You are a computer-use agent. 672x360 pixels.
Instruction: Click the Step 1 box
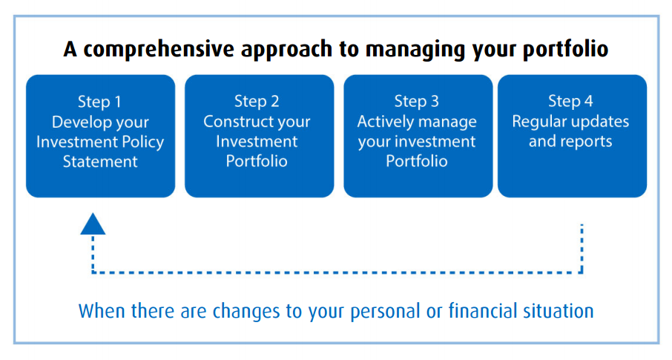101,136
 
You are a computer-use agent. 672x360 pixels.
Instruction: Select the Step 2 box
260,136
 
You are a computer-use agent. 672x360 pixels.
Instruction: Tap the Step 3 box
418,136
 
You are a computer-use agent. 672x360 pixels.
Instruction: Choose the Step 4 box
572,136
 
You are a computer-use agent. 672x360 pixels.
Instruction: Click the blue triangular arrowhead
93,224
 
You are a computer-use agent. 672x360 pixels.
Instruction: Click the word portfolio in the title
566,50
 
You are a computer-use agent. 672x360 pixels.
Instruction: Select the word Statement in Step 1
100,162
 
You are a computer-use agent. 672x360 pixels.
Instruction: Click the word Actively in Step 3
381,122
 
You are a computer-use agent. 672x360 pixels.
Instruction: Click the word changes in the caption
246,312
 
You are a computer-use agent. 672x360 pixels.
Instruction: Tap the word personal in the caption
385,312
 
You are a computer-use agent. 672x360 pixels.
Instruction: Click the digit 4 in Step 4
588,101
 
